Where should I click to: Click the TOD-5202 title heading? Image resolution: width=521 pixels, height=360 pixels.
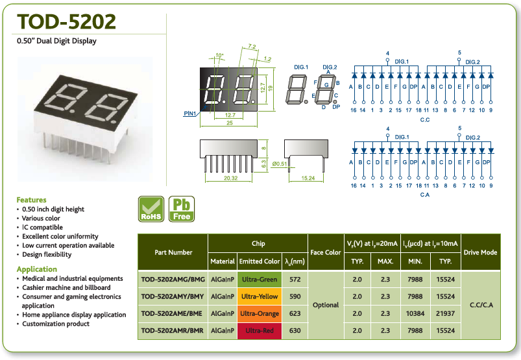click(x=66, y=21)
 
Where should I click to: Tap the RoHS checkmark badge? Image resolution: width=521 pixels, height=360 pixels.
click(x=151, y=209)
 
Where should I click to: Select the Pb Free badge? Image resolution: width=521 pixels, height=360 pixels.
click(x=182, y=209)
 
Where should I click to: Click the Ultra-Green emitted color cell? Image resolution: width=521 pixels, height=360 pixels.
click(x=260, y=280)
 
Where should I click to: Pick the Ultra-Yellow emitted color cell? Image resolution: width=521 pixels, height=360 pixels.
click(x=260, y=296)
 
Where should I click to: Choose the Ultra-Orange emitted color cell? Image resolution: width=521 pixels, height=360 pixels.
click(x=260, y=313)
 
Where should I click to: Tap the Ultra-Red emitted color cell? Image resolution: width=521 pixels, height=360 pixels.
click(x=260, y=331)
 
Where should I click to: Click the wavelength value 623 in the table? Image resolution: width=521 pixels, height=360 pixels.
click(x=295, y=313)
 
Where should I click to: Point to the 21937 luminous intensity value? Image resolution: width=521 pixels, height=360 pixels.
click(x=445, y=313)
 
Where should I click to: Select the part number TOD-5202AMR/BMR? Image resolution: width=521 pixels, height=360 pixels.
click(x=173, y=331)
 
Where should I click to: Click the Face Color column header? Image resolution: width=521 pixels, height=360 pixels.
click(x=326, y=252)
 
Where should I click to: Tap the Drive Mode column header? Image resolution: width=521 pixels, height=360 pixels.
click(x=481, y=252)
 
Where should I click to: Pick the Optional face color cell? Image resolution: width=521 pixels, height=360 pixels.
click(x=326, y=305)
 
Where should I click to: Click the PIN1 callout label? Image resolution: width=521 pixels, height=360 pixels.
click(x=190, y=114)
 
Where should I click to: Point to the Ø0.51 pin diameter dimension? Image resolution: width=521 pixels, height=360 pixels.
click(x=280, y=163)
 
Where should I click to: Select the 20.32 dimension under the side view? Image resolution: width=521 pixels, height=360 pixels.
click(x=230, y=178)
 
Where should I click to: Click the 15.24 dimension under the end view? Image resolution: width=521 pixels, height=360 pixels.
click(x=308, y=178)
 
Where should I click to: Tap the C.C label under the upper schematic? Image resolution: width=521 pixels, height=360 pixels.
click(x=425, y=119)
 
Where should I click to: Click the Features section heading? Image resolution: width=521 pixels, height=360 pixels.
click(x=32, y=200)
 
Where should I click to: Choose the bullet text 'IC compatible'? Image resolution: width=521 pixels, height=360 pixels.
click(x=43, y=227)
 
